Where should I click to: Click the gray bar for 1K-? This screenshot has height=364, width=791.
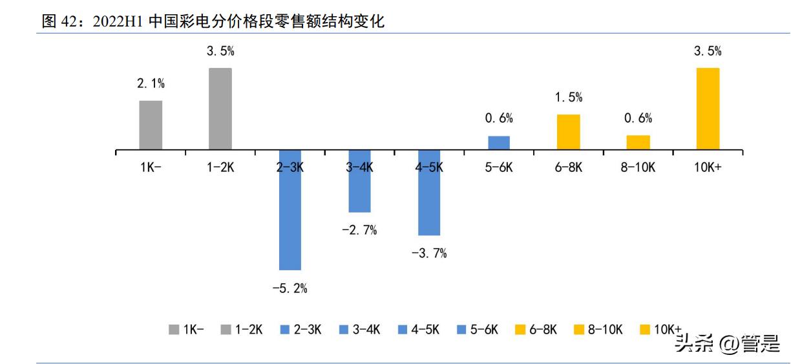pyautogui.click(x=151, y=125)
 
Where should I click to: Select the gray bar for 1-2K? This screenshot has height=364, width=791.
pyautogui.click(x=220, y=109)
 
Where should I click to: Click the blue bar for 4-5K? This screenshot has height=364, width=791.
pyautogui.click(x=429, y=193)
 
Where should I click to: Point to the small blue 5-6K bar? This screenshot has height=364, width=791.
pyautogui.click(x=499, y=142)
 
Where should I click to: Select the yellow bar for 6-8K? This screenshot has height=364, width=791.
pyautogui.click(x=569, y=132)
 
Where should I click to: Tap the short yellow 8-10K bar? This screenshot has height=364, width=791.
pyautogui.click(x=638, y=142)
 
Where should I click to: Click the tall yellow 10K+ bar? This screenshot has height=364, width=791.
pyautogui.click(x=708, y=109)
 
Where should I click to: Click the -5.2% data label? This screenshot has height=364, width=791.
pyautogui.click(x=290, y=288)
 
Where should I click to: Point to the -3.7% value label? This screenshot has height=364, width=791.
pyautogui.click(x=429, y=253)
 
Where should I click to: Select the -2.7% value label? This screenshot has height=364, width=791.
pyautogui.click(x=359, y=230)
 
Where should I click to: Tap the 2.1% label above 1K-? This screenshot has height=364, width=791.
pyautogui.click(x=151, y=83)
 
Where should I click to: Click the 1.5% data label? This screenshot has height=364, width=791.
pyautogui.click(x=569, y=98)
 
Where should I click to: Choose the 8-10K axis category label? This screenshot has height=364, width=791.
pyautogui.click(x=638, y=167)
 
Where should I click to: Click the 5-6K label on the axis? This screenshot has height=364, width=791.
pyautogui.click(x=499, y=167)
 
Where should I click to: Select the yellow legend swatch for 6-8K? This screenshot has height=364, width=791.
pyautogui.click(x=520, y=330)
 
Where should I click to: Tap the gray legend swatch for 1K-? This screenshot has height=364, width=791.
pyautogui.click(x=174, y=330)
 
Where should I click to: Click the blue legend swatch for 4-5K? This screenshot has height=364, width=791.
pyautogui.click(x=404, y=330)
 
